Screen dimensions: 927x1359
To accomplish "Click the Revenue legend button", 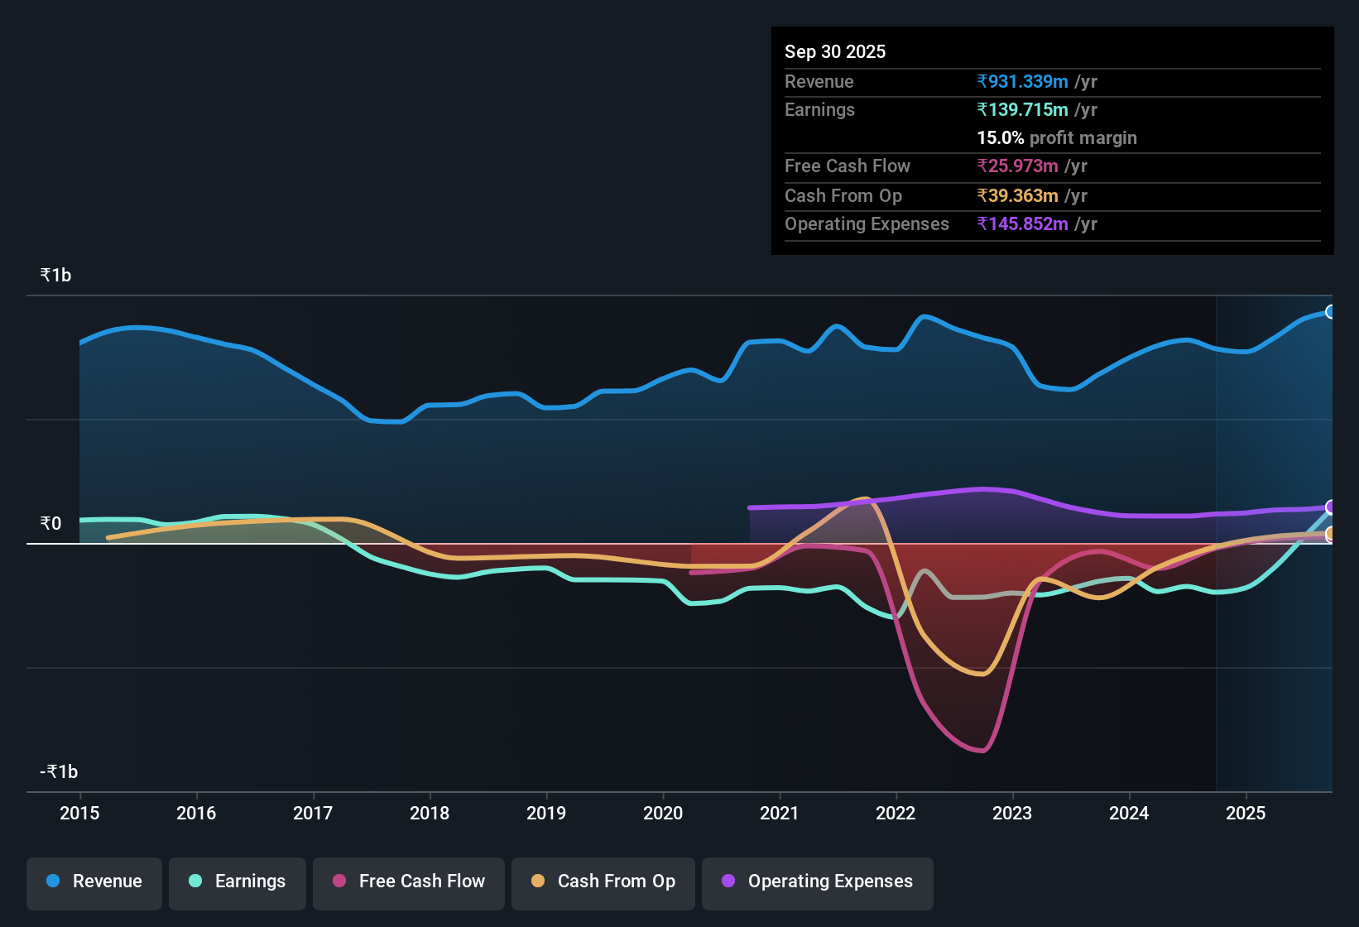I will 94,881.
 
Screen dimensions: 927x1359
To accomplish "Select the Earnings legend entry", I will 238,881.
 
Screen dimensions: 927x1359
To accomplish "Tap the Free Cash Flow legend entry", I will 409,881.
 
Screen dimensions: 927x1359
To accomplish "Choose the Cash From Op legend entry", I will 603,881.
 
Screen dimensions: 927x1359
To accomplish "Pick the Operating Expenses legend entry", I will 818,881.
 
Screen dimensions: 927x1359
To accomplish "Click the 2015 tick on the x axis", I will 79,813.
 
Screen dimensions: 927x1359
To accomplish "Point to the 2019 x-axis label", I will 546,813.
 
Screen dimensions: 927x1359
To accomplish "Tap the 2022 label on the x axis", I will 896,813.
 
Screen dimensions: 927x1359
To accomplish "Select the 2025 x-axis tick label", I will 1246,813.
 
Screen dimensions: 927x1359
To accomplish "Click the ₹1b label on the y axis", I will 55,276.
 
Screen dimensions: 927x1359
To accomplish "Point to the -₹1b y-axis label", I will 59,772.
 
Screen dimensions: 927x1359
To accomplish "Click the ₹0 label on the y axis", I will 50,524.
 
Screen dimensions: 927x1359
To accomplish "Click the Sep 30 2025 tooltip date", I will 834,52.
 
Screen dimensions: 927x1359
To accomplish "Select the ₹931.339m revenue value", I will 1022,82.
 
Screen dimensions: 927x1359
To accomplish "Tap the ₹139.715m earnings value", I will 1022,110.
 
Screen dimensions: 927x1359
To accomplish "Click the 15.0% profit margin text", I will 1056,138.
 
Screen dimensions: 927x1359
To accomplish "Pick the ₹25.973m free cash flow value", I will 1017,166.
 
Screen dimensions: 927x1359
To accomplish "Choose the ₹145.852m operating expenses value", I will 1022,224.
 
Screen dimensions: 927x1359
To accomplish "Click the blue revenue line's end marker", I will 1331,312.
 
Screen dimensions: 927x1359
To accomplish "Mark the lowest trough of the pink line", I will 982,751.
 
